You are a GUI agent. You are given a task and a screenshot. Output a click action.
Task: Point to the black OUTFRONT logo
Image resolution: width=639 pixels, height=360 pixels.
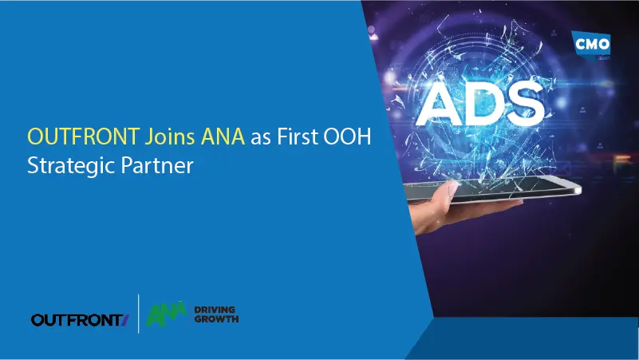77,319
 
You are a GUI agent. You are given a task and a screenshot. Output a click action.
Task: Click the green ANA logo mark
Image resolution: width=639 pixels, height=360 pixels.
166,315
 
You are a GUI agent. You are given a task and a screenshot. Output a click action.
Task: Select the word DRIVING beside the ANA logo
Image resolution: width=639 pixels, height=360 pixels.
215,309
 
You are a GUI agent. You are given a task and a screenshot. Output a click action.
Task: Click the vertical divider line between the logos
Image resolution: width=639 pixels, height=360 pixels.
139,313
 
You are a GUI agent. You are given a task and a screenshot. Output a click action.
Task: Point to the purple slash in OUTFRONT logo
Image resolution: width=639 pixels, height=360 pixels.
125,319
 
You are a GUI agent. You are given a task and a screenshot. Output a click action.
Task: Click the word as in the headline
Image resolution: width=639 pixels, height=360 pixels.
260,137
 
